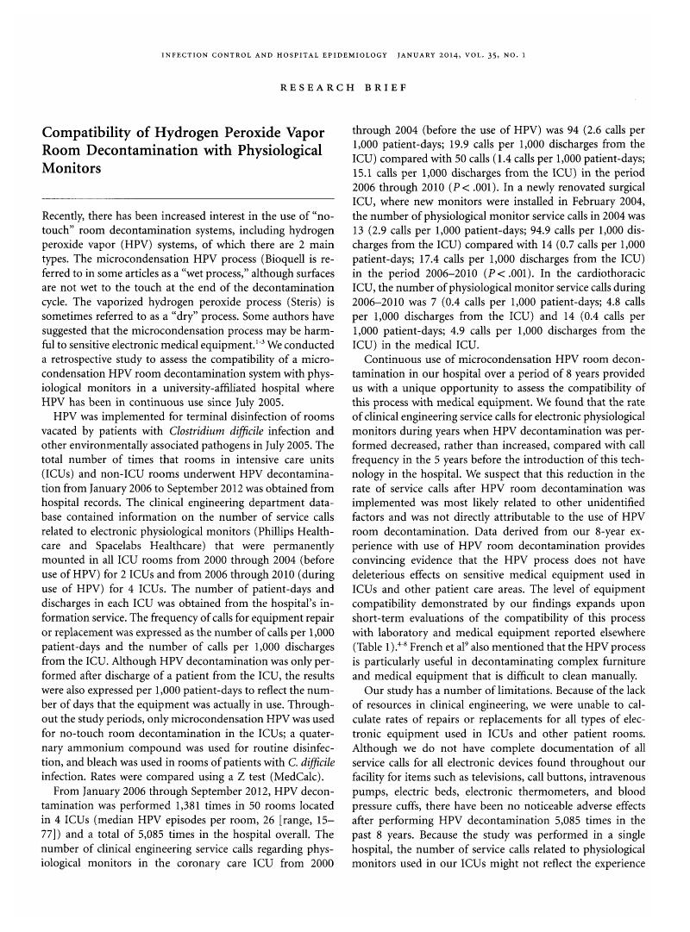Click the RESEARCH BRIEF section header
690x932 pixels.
tap(344, 87)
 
